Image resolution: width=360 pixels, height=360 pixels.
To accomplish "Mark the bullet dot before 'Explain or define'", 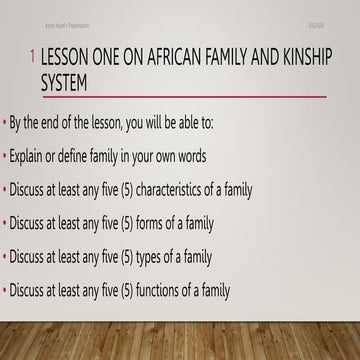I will [x=5, y=156].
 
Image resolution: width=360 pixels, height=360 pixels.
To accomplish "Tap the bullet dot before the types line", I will [x=5, y=258].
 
